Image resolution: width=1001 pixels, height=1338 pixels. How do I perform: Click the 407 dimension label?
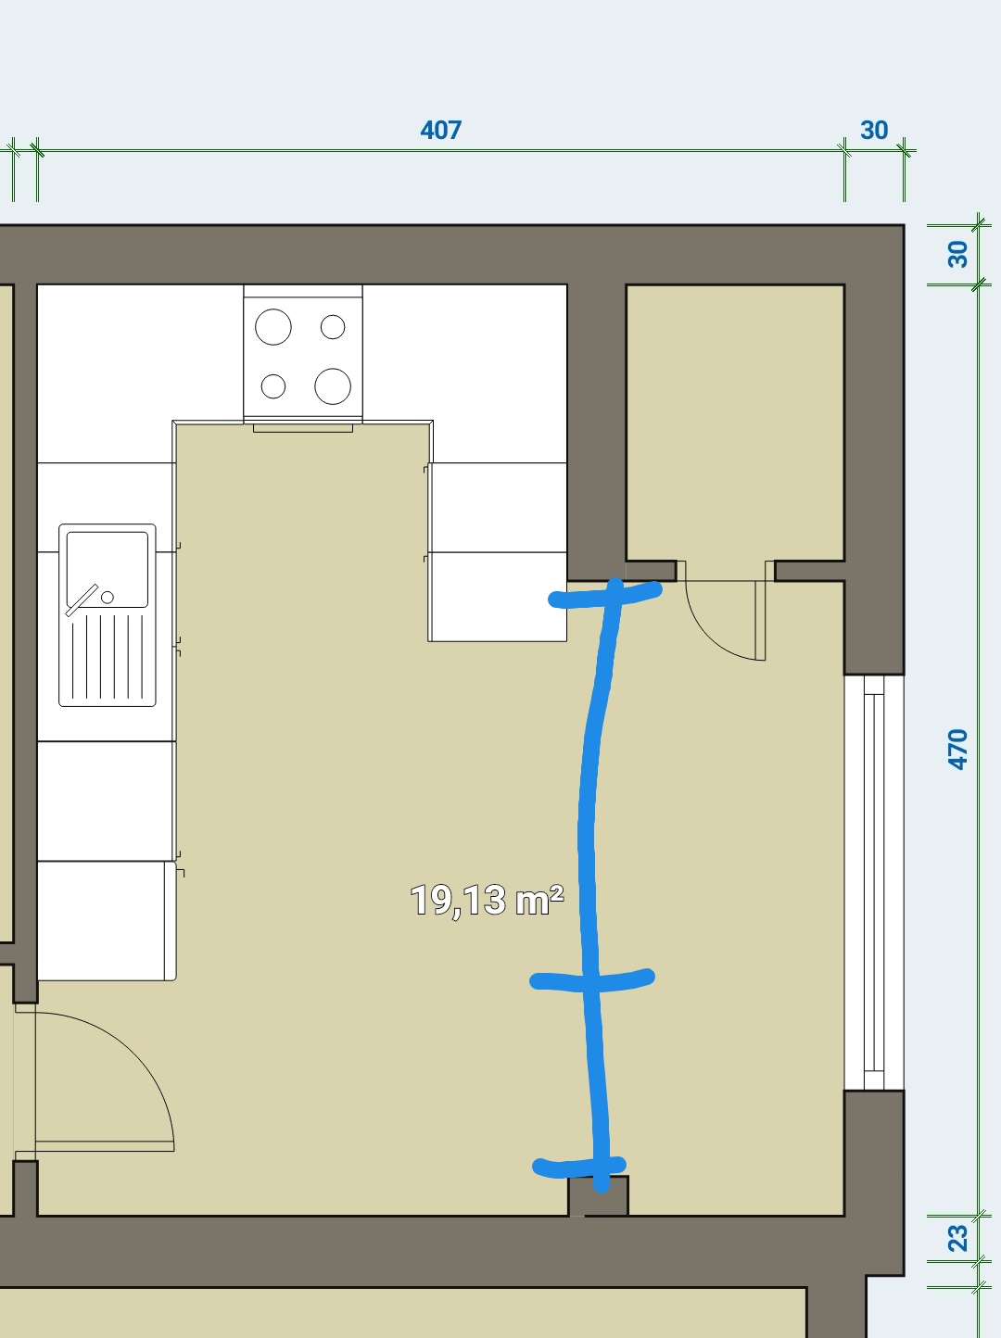pos(441,130)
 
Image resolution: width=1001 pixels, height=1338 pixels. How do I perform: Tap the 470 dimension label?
pos(957,750)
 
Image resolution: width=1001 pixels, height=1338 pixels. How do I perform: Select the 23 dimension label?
pos(957,1238)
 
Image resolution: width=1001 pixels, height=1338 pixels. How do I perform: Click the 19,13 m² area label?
pos(487,900)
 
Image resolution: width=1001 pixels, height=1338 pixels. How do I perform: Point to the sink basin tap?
pos(108,598)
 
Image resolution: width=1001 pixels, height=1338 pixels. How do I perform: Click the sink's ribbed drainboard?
pos(108,657)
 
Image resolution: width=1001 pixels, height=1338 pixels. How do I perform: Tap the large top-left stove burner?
pos(273,327)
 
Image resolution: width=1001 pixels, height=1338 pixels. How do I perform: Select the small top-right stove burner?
pos(333,327)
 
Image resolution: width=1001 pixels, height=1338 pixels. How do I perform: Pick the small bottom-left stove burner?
pos(273,385)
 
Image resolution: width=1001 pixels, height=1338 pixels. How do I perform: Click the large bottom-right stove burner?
pos(333,385)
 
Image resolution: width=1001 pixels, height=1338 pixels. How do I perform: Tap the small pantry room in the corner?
pos(735,422)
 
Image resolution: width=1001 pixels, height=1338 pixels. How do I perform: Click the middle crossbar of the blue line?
pos(592,979)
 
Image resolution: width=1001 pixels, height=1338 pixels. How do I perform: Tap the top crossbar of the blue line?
pos(604,596)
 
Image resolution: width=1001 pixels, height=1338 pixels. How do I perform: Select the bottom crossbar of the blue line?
pos(579,1166)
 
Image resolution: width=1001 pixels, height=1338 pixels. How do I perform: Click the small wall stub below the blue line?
pos(599,1196)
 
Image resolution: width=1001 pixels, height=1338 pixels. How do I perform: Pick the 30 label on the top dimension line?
pos(874,130)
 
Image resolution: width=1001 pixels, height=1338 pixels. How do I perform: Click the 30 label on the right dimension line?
pos(957,254)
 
